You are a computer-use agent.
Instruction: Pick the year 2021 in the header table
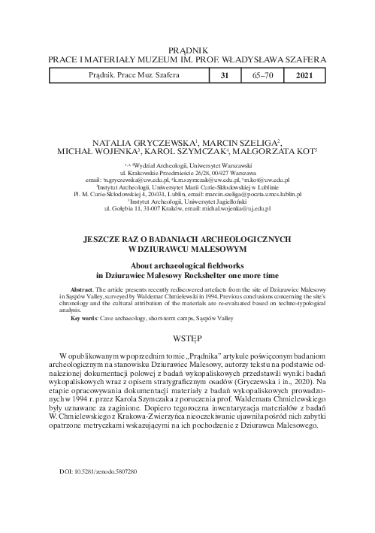(x=307, y=76)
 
